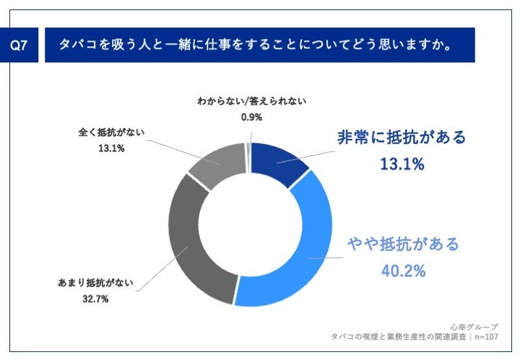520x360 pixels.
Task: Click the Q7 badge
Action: [21, 46]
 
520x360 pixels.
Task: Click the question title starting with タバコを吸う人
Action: [256, 46]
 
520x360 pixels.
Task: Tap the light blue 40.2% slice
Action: [303, 253]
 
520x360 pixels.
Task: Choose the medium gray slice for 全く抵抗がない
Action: [217, 163]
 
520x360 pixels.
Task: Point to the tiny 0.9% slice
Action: [248, 147]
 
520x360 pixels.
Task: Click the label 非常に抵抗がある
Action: [402, 138]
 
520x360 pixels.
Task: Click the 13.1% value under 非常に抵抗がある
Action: [402, 165]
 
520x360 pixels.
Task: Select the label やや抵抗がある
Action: [402, 244]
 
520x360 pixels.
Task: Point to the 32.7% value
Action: [94, 299]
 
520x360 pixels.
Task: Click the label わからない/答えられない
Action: [251, 101]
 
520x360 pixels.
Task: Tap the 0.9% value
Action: [251, 116]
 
